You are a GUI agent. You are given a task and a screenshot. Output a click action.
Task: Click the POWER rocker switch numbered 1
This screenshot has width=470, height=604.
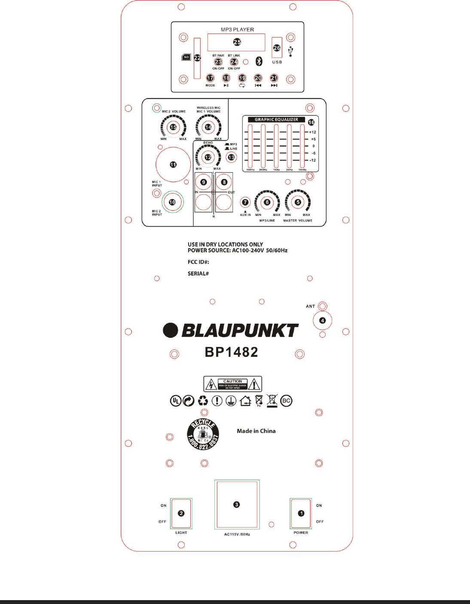click(301, 513)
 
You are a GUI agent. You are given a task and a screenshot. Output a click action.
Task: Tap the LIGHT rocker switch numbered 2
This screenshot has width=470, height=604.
click(181, 513)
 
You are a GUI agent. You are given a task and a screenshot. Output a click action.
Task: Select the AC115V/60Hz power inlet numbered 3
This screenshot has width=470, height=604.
click(237, 505)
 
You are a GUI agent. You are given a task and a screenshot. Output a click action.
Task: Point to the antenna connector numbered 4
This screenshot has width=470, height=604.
click(323, 320)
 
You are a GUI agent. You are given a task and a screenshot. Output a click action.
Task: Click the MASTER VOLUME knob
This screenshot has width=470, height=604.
click(298, 202)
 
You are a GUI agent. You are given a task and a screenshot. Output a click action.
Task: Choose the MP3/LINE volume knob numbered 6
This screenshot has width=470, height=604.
click(267, 202)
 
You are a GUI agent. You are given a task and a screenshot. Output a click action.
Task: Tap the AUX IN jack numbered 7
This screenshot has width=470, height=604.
click(245, 202)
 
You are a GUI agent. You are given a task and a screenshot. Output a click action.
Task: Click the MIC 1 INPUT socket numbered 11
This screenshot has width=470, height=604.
click(173, 165)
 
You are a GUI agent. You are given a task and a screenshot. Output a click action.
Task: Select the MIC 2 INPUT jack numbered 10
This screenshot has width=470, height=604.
click(172, 202)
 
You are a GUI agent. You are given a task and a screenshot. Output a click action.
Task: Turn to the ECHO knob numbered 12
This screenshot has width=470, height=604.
click(208, 157)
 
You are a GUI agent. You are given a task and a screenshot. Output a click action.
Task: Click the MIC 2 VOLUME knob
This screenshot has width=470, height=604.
click(173, 127)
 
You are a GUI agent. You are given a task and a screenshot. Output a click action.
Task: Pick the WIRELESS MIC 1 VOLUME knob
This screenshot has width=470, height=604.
click(208, 127)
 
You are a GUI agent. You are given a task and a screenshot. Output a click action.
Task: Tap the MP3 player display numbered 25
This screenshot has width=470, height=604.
click(236, 42)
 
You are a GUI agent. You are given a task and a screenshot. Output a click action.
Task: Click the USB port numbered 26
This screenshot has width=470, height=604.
click(277, 48)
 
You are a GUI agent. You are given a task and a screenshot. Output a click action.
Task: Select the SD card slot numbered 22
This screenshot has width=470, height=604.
click(197, 58)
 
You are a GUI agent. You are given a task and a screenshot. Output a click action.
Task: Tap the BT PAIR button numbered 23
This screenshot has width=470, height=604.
click(218, 62)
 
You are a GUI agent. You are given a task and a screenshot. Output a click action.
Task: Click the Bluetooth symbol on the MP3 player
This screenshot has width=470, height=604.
click(259, 61)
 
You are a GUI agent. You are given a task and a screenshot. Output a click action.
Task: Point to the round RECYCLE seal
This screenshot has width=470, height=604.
click(203, 435)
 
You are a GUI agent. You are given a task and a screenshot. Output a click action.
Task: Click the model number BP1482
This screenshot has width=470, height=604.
click(232, 352)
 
